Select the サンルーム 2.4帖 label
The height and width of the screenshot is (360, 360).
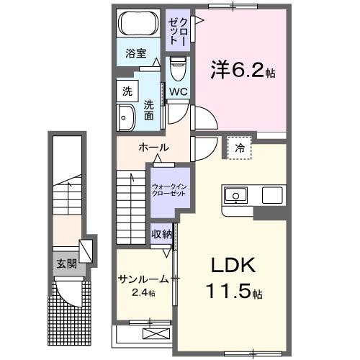[143, 284]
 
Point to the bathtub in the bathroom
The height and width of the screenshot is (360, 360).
[138, 24]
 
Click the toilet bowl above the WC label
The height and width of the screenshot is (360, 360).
[177, 71]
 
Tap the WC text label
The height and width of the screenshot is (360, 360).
[178, 91]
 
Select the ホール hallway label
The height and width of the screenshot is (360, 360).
[153, 148]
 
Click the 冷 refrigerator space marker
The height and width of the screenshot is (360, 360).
[240, 148]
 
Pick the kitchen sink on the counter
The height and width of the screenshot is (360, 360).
[237, 195]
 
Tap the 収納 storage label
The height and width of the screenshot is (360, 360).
[161, 233]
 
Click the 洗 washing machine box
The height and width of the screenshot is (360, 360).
[127, 91]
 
